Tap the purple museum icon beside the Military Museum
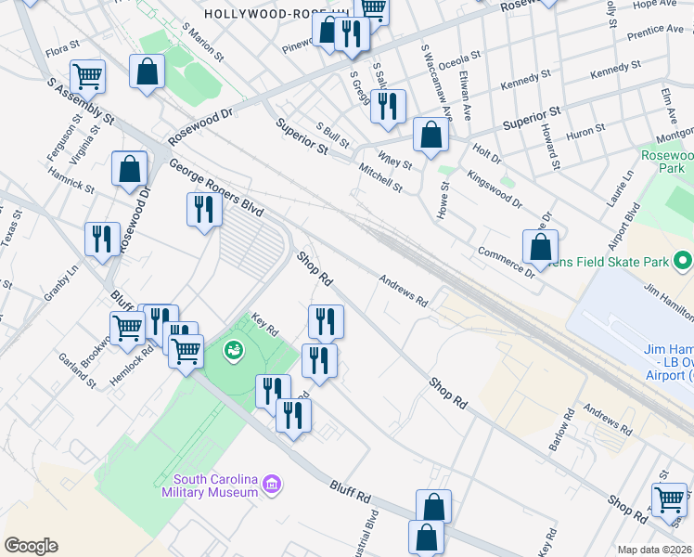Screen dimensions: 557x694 (272, 484)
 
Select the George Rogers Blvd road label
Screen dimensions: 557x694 (216, 188)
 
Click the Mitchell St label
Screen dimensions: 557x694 (380, 178)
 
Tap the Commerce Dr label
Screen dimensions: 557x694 (506, 263)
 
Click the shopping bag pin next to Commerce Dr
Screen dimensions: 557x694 (540, 248)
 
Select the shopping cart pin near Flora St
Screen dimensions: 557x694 (87, 76)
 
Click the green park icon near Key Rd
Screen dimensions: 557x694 (233, 350)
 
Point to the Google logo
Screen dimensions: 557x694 (31, 546)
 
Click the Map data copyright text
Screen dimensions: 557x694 (655, 549)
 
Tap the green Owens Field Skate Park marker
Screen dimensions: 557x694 (683, 261)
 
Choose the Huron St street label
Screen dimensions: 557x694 (585, 134)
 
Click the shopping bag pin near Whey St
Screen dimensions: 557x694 (431, 136)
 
